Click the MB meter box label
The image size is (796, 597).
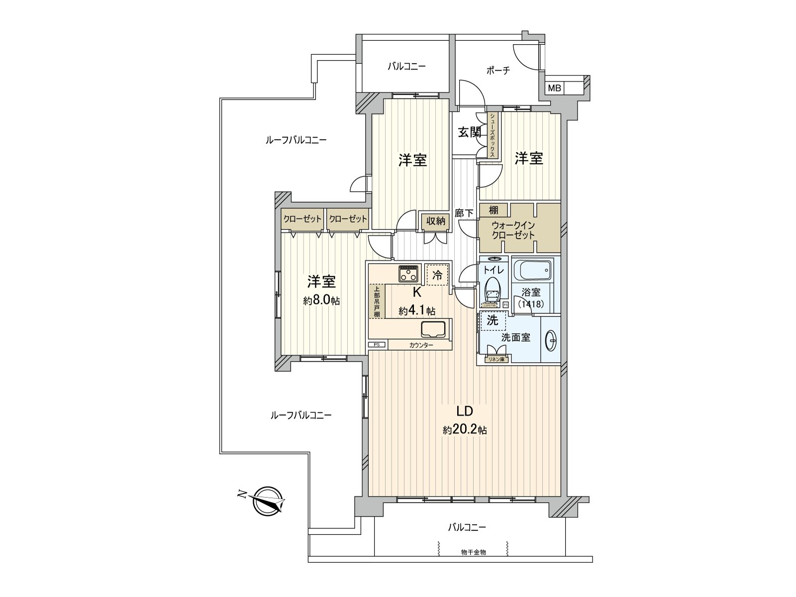click(555, 89)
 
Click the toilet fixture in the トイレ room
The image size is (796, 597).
click(492, 290)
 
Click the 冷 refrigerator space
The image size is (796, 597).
click(437, 275)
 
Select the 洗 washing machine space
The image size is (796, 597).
click(493, 321)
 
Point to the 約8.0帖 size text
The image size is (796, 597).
click(321, 300)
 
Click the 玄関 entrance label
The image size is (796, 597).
click(469, 132)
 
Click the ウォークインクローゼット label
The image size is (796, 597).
click(513, 230)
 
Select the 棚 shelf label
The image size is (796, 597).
click(493, 210)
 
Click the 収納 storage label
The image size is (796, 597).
click(436, 221)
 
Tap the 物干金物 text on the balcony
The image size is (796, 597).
click(473, 552)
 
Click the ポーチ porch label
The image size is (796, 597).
click(498, 70)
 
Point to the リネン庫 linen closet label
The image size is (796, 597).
click(497, 359)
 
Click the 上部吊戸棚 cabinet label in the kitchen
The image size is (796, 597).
click(377, 301)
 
